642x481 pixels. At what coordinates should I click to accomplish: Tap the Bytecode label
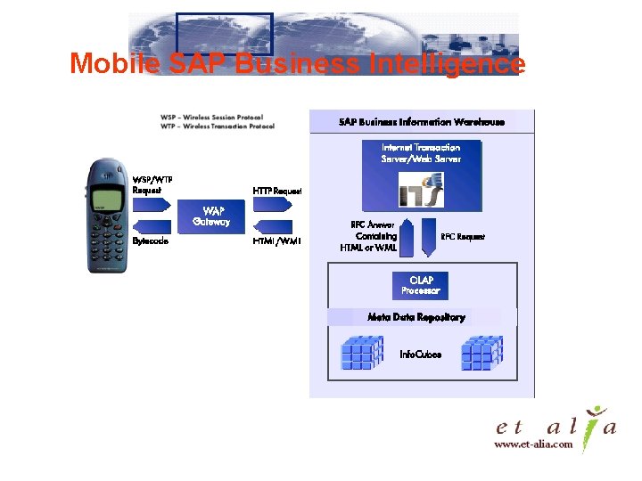[x=150, y=240]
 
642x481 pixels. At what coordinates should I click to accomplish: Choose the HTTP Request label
[x=276, y=191]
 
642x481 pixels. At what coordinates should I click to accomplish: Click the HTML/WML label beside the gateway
[x=276, y=240]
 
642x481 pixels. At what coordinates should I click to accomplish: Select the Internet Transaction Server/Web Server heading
[x=421, y=152]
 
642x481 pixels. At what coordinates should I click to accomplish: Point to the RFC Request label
[x=464, y=237]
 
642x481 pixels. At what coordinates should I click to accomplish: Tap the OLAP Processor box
[x=421, y=285]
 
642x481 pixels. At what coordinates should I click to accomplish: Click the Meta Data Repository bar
[x=416, y=317]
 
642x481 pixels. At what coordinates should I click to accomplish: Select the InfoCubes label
[x=420, y=355]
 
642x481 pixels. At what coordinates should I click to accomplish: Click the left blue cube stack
[x=362, y=353]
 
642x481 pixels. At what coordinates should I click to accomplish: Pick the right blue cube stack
[x=482, y=353]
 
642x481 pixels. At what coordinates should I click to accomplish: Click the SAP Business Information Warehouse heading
[x=422, y=122]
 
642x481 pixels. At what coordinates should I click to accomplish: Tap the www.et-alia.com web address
[x=533, y=445]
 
